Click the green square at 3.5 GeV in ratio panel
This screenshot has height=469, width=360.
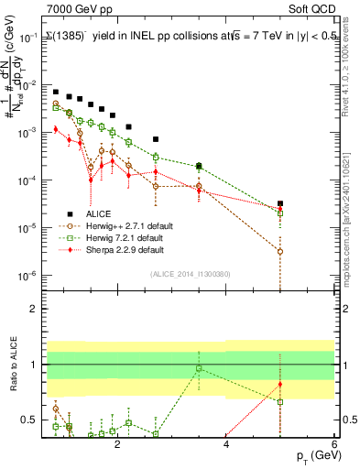pos(199,368)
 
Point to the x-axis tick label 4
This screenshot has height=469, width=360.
pos(226,445)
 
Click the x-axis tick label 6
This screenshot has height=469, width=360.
pos(334,445)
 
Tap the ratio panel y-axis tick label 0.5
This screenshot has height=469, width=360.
pos(33,420)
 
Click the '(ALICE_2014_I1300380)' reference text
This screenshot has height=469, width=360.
pos(191,273)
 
